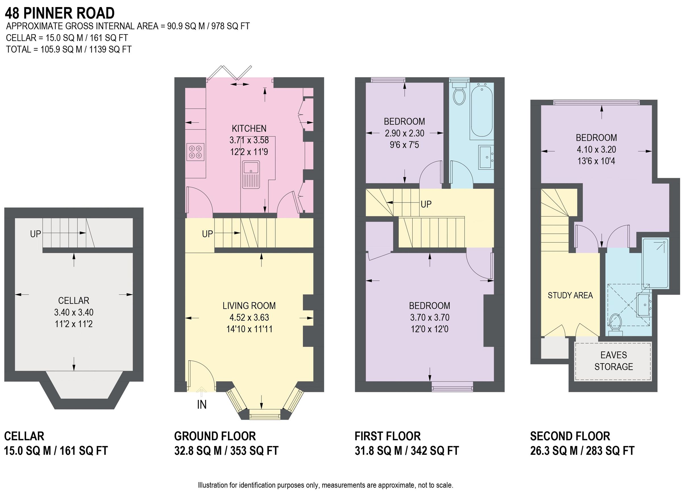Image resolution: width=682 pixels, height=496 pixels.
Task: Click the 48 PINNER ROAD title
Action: [x=60, y=13]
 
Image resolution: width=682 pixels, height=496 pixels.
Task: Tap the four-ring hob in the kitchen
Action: [x=195, y=152]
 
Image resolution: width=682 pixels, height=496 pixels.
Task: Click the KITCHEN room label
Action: [x=249, y=129]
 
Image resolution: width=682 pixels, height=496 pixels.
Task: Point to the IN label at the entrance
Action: [x=201, y=404]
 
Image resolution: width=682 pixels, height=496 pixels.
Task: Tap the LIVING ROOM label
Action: [x=249, y=306]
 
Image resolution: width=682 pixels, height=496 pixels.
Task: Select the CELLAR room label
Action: [x=74, y=300]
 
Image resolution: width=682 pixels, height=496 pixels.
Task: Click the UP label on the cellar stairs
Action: [x=36, y=234]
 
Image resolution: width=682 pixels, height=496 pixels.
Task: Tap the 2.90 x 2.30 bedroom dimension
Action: [x=404, y=133]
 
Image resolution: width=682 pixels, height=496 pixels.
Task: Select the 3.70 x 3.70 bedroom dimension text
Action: [x=430, y=317]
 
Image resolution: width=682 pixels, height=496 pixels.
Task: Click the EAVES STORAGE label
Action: [x=614, y=361]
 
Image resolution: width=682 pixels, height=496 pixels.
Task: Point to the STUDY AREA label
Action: [x=570, y=295]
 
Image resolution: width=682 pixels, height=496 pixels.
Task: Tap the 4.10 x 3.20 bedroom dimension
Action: [x=596, y=149]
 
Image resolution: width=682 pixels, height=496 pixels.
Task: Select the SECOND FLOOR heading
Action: [x=570, y=436]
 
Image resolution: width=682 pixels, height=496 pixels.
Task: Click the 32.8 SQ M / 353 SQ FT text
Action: [x=226, y=451]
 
